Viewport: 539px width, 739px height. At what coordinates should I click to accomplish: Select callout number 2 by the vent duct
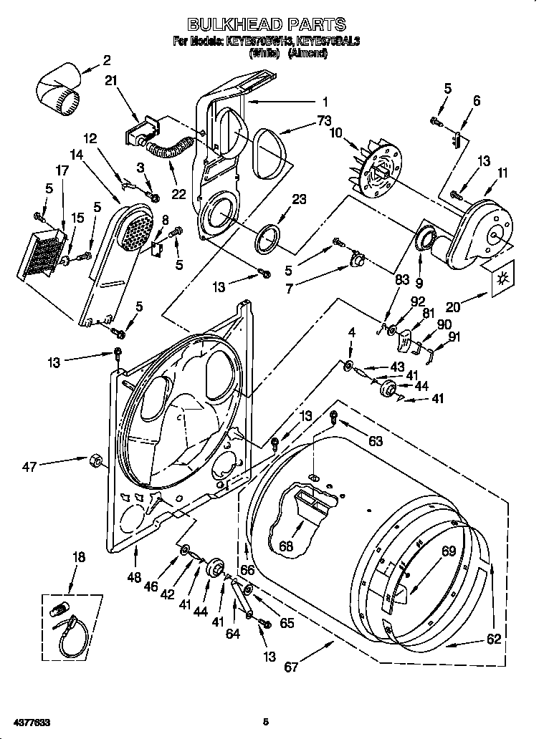(107, 59)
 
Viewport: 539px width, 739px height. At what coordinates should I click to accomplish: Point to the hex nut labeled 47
(93, 460)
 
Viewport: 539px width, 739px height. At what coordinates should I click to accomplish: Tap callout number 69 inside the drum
(448, 551)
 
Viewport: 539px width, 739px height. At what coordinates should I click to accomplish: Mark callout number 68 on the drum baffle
(286, 546)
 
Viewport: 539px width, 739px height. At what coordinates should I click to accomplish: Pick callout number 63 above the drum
(376, 440)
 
